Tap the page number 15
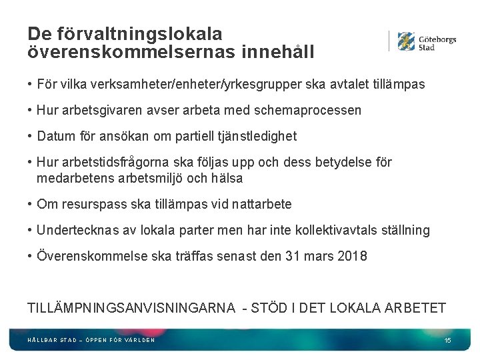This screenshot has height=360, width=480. [447, 341]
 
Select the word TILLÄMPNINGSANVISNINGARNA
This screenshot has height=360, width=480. [131, 307]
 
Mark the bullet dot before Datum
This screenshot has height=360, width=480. [31, 136]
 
